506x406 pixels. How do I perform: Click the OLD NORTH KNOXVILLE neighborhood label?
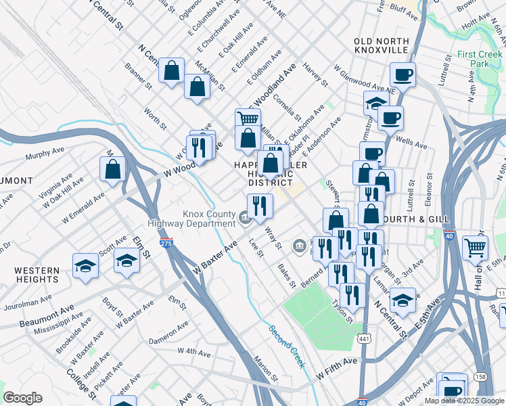click(x=381, y=45)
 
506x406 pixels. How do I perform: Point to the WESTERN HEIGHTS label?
click(x=38, y=274)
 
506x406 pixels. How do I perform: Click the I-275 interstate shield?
click(x=165, y=241)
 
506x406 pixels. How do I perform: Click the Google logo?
click(x=22, y=398)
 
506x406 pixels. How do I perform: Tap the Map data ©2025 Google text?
click(x=463, y=401)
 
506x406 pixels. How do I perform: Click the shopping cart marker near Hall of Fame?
click(x=475, y=248)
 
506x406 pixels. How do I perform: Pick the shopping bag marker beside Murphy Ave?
click(x=113, y=168)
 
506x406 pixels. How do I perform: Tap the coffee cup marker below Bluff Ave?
click(x=403, y=74)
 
